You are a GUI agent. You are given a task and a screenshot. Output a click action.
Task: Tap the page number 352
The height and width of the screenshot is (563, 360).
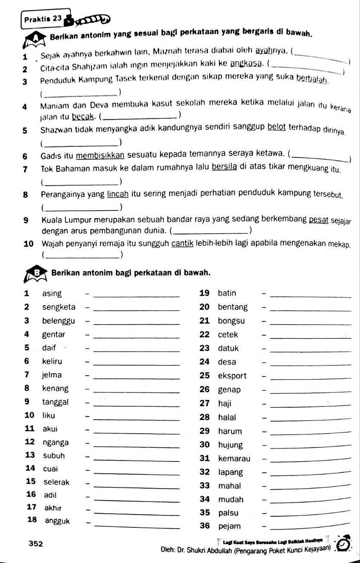click(36, 544)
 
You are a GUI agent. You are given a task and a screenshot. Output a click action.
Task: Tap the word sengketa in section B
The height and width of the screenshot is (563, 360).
click(59, 307)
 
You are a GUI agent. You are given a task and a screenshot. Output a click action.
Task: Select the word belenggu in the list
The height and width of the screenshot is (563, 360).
click(58, 321)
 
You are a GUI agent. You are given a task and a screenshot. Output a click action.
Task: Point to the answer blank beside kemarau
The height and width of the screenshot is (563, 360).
click(312, 460)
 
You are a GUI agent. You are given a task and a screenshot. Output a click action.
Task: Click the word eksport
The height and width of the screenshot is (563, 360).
click(233, 376)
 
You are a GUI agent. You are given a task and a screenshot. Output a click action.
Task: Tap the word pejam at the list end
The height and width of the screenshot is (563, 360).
click(229, 526)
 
